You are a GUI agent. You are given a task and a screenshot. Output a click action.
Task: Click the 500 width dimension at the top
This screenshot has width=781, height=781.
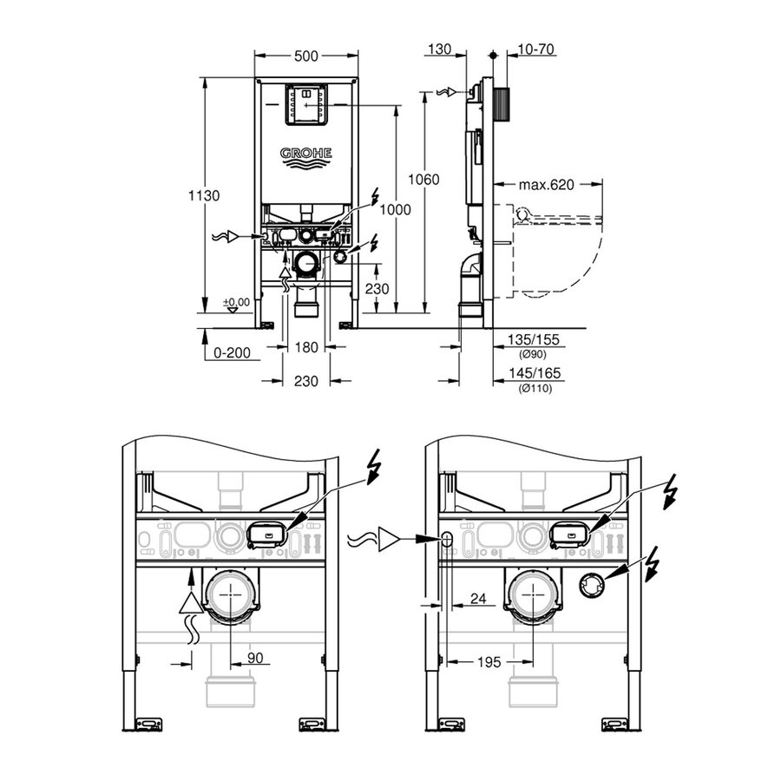tap(305, 56)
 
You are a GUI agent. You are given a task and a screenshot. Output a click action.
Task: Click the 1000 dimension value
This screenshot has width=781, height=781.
tap(396, 210)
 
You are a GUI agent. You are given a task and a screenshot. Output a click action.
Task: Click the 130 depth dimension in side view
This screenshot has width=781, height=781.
tap(440, 50)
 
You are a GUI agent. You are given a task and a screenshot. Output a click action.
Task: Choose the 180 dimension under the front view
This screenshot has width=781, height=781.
tap(306, 347)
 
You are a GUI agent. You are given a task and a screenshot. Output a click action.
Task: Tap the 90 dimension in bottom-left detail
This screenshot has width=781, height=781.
tap(254, 659)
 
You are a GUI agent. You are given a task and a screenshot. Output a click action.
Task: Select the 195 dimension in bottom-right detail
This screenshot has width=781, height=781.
tap(489, 662)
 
